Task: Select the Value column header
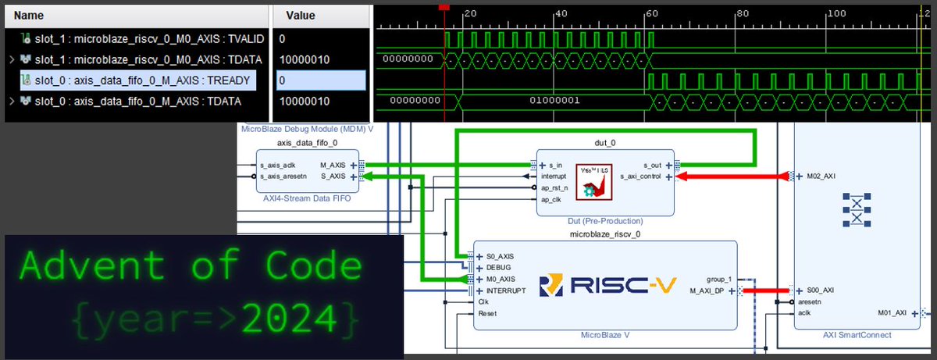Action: pyautogui.click(x=300, y=15)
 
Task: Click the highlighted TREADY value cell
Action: pyautogui.click(x=320, y=80)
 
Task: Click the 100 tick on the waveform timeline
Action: pyautogui.click(x=836, y=13)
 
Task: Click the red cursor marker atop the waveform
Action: pyautogui.click(x=444, y=6)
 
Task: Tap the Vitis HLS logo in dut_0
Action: pyautogui.click(x=595, y=180)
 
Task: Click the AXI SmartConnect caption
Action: pyautogui.click(x=857, y=335)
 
